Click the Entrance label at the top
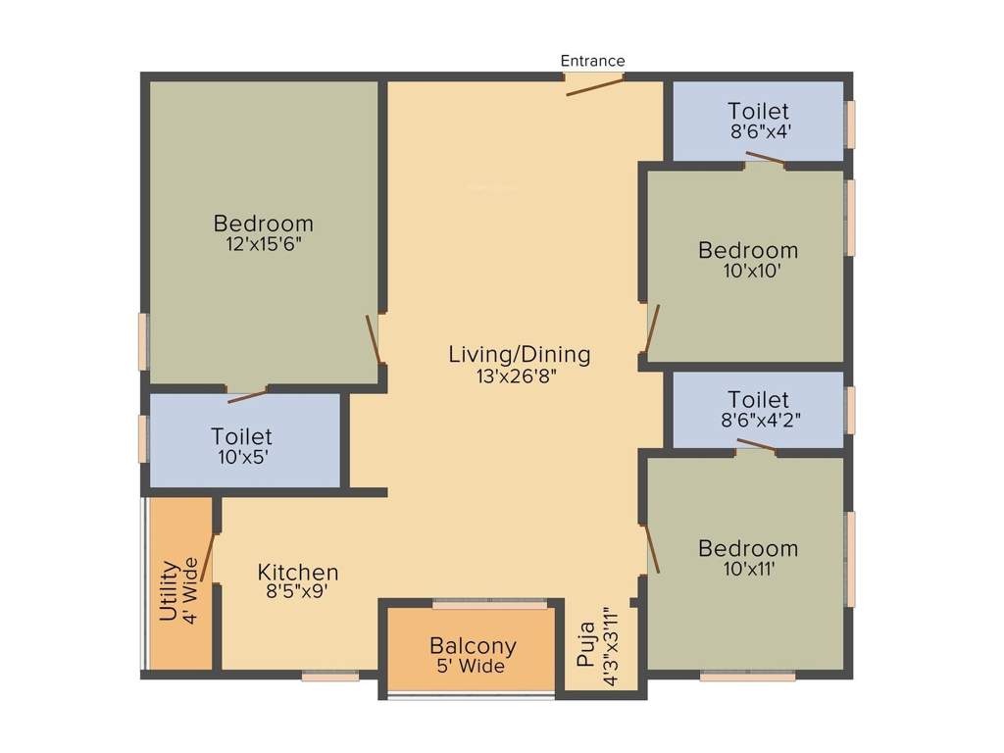[592, 61]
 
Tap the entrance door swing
[595, 86]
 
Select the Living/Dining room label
[519, 354]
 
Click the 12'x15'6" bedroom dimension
[263, 243]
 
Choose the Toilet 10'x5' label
[241, 436]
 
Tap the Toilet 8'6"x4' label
[758, 111]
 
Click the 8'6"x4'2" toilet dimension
[758, 419]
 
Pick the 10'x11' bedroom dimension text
[748, 568]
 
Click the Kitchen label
[298, 572]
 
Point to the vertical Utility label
[169, 591]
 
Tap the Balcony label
[473, 647]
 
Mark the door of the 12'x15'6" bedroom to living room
[373, 339]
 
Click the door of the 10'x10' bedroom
[651, 328]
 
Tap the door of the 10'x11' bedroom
[651, 548]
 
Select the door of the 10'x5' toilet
[247, 395]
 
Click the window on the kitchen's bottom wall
[330, 675]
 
